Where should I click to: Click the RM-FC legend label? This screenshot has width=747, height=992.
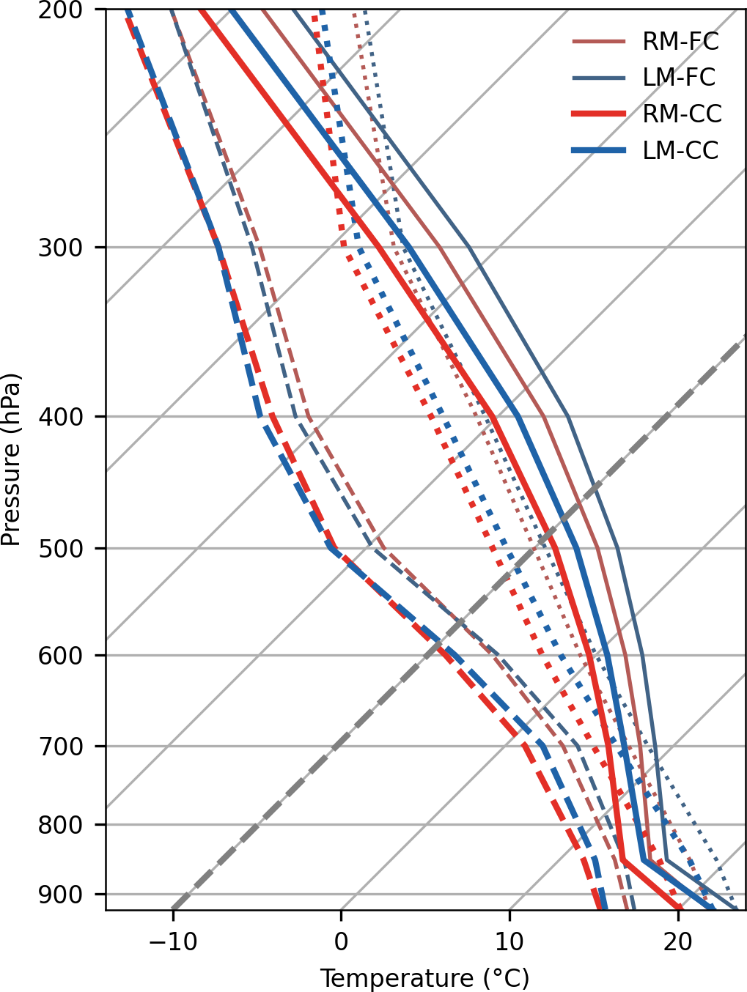coord(680,41)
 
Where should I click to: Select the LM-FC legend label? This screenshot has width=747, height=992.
coord(679,78)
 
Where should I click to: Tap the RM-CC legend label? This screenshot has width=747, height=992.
coord(682,114)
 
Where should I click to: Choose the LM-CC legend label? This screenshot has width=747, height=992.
coord(680,151)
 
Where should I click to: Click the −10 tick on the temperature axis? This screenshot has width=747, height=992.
coord(173,941)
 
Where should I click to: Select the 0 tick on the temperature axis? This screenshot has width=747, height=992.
coord(341,941)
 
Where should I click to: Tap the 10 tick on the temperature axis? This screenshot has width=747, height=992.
coord(509,941)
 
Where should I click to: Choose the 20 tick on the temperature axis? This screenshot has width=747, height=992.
coord(678,941)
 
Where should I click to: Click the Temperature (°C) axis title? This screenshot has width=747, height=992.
coord(424,978)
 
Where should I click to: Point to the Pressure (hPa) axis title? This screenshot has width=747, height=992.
coord(11,459)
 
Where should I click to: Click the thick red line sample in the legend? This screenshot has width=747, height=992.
coord(599,114)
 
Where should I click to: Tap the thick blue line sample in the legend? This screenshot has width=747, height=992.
coord(599,151)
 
